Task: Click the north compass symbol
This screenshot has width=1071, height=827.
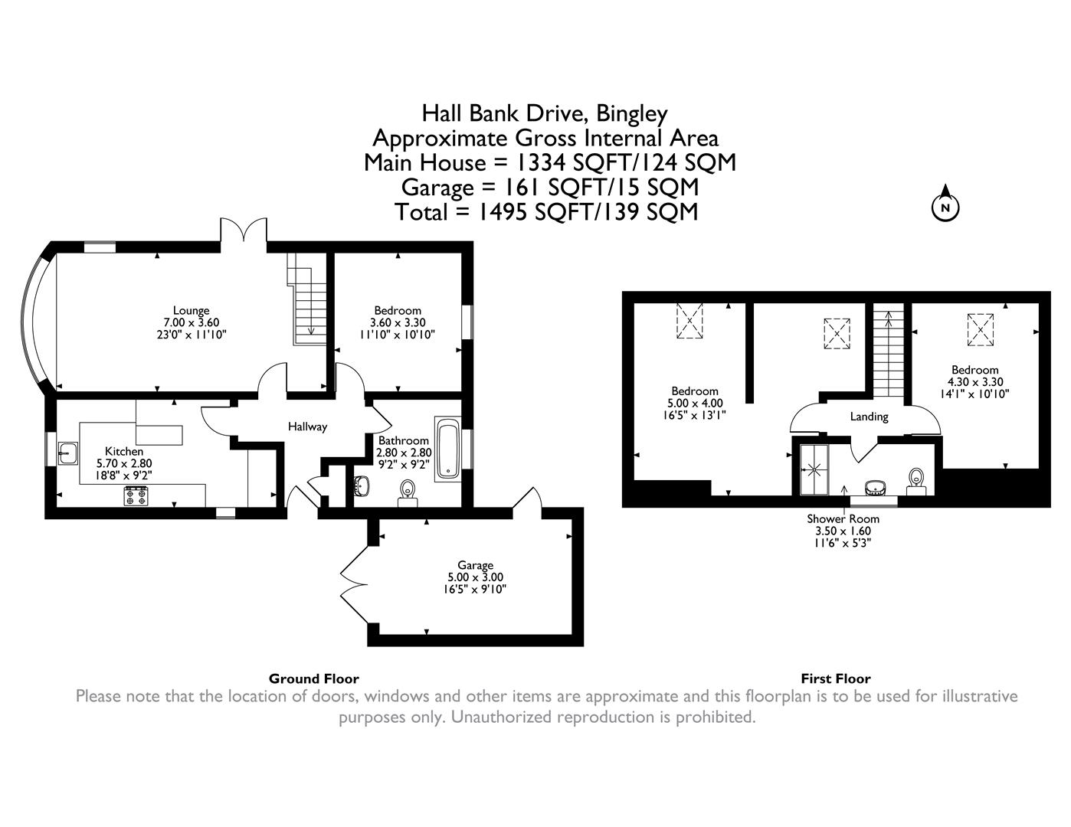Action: click(x=945, y=206)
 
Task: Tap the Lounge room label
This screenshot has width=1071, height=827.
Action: click(x=191, y=310)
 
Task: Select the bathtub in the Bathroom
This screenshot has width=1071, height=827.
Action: click(x=447, y=449)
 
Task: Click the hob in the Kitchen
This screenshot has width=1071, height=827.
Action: click(x=136, y=496)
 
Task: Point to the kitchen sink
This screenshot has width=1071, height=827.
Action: click(x=67, y=453)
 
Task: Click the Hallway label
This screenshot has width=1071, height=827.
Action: click(x=307, y=427)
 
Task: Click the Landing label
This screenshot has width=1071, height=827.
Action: click(x=869, y=417)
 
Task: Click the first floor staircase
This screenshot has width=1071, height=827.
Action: click(x=889, y=354)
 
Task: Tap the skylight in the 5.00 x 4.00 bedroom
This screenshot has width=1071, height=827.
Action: click(x=689, y=322)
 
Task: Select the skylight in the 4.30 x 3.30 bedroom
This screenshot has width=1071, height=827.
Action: click(x=980, y=329)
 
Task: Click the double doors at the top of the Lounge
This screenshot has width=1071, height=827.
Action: click(x=244, y=231)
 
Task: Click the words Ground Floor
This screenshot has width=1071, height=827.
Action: click(x=313, y=678)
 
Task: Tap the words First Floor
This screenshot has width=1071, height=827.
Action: click(x=835, y=678)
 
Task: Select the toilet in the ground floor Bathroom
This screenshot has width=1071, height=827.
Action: click(x=408, y=490)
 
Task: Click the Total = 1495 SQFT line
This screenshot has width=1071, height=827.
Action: click(x=546, y=211)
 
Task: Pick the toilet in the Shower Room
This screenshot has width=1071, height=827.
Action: click(x=915, y=480)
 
